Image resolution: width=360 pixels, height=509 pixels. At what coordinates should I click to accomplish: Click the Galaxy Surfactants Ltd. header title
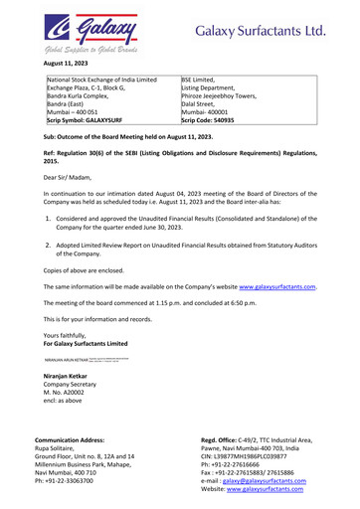click(x=261, y=31)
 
